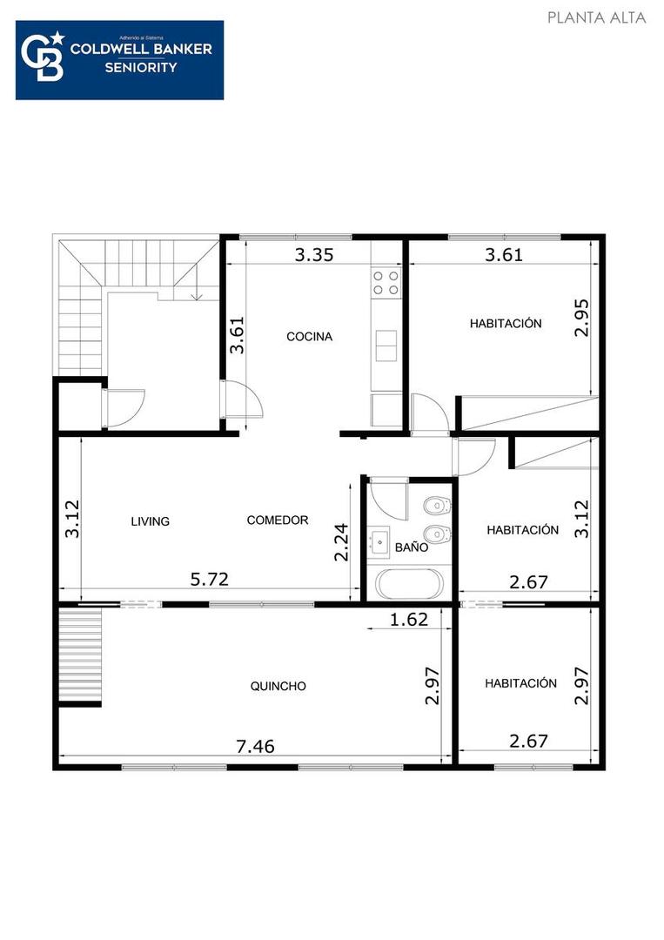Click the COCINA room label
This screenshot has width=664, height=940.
tap(309, 337)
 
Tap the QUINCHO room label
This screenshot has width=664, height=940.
tap(278, 686)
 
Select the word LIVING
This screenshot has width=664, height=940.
tap(150, 521)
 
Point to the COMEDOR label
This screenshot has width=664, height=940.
tap(278, 520)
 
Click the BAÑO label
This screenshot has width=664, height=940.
tap(411, 548)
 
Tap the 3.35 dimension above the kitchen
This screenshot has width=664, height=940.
tap(313, 255)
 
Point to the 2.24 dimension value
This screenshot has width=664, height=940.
tap(343, 540)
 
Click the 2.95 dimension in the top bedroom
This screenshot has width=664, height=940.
tap(582, 317)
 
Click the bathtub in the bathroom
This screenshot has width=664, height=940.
tap(407, 583)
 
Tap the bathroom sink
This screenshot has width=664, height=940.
tap(379, 543)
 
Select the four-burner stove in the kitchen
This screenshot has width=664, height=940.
tap(386, 282)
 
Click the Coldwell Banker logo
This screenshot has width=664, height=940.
tap(119, 60)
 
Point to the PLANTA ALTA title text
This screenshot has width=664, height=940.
tap(596, 17)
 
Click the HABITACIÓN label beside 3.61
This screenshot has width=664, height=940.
tap(506, 324)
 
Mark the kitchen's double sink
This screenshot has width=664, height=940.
tap(386, 345)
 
